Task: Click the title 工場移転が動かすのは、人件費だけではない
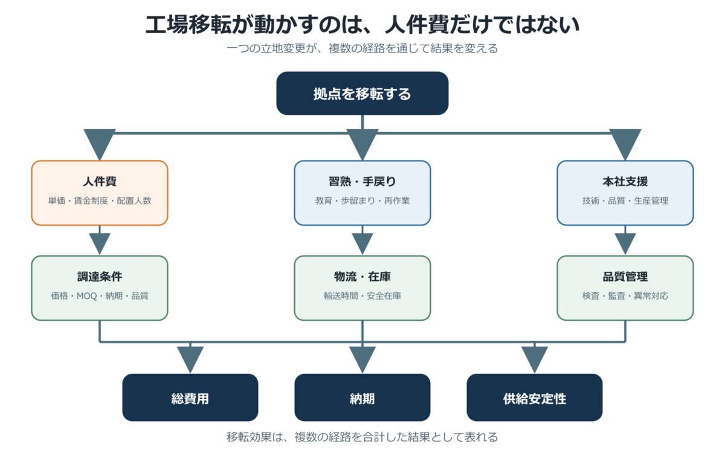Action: (x=362, y=25)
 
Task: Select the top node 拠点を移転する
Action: (x=362, y=93)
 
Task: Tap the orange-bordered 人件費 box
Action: (x=100, y=193)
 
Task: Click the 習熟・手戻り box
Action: (x=362, y=193)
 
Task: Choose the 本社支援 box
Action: (x=625, y=193)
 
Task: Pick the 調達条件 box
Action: (x=100, y=288)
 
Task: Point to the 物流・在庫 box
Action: (x=362, y=288)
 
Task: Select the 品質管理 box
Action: (x=625, y=288)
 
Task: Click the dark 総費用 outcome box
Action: (x=190, y=397)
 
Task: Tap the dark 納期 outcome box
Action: (x=362, y=397)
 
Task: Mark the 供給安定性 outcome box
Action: (x=534, y=397)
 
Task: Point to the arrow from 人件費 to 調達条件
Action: (x=100, y=240)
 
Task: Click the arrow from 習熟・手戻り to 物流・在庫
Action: (x=362, y=240)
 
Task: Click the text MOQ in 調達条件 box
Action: (x=87, y=296)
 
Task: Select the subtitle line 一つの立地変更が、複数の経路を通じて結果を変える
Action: (x=362, y=48)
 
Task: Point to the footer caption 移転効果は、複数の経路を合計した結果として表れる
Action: (x=362, y=437)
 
